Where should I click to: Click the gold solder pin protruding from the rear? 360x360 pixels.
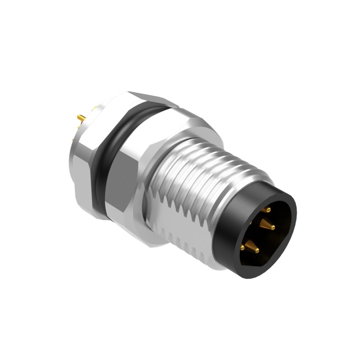tap(81, 118)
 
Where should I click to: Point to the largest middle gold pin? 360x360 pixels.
tap(266, 225)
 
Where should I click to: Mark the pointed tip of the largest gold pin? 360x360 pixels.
tap(273, 228)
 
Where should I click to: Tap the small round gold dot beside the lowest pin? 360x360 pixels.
tap(243, 247)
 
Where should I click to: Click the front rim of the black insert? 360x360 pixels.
tap(292, 225)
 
